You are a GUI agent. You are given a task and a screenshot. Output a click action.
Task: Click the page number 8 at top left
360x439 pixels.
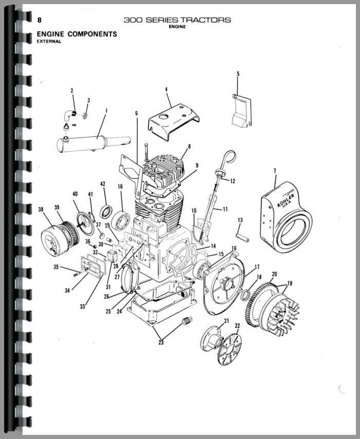(39, 20)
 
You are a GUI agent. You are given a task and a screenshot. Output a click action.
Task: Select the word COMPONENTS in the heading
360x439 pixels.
(92, 34)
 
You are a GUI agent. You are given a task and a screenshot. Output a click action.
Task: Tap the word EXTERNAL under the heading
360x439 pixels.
(49, 42)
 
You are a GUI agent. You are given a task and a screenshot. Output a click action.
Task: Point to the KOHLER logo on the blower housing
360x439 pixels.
(286, 200)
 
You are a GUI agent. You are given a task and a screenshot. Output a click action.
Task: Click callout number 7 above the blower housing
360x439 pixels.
(275, 170)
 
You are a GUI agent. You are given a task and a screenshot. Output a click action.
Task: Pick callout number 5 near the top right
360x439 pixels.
(238, 74)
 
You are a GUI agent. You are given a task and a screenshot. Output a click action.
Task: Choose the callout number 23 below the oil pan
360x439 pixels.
(161, 342)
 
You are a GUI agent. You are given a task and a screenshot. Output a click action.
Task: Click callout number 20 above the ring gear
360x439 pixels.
(274, 274)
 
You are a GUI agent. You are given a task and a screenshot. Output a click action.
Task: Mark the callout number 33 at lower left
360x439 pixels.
(82, 306)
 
